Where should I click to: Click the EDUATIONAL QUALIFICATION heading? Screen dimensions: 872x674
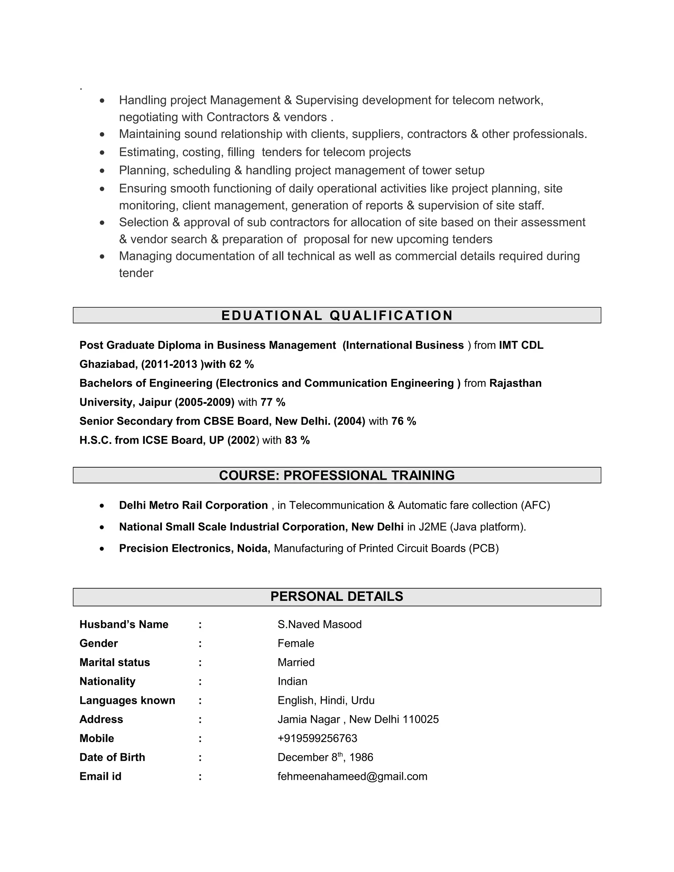[337, 316]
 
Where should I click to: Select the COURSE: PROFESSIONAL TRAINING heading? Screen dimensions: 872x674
[337, 475]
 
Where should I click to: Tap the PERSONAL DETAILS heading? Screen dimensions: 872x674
[337, 596]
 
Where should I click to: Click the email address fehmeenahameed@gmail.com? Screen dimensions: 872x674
[352, 776]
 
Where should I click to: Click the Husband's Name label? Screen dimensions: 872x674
[124, 625]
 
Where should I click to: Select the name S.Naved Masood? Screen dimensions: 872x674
[320, 625]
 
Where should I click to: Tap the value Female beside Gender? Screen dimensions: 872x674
[296, 643]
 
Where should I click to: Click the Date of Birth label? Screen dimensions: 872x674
[112, 757]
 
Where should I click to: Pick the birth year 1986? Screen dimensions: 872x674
[361, 757]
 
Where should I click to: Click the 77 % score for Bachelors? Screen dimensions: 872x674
[273, 402]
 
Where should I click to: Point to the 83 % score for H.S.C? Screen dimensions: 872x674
[297, 440]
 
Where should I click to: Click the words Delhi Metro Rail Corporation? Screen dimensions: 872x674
[193, 505]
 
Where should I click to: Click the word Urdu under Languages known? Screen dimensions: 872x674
[363, 700]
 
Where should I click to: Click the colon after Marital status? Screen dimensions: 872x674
[200, 662]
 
